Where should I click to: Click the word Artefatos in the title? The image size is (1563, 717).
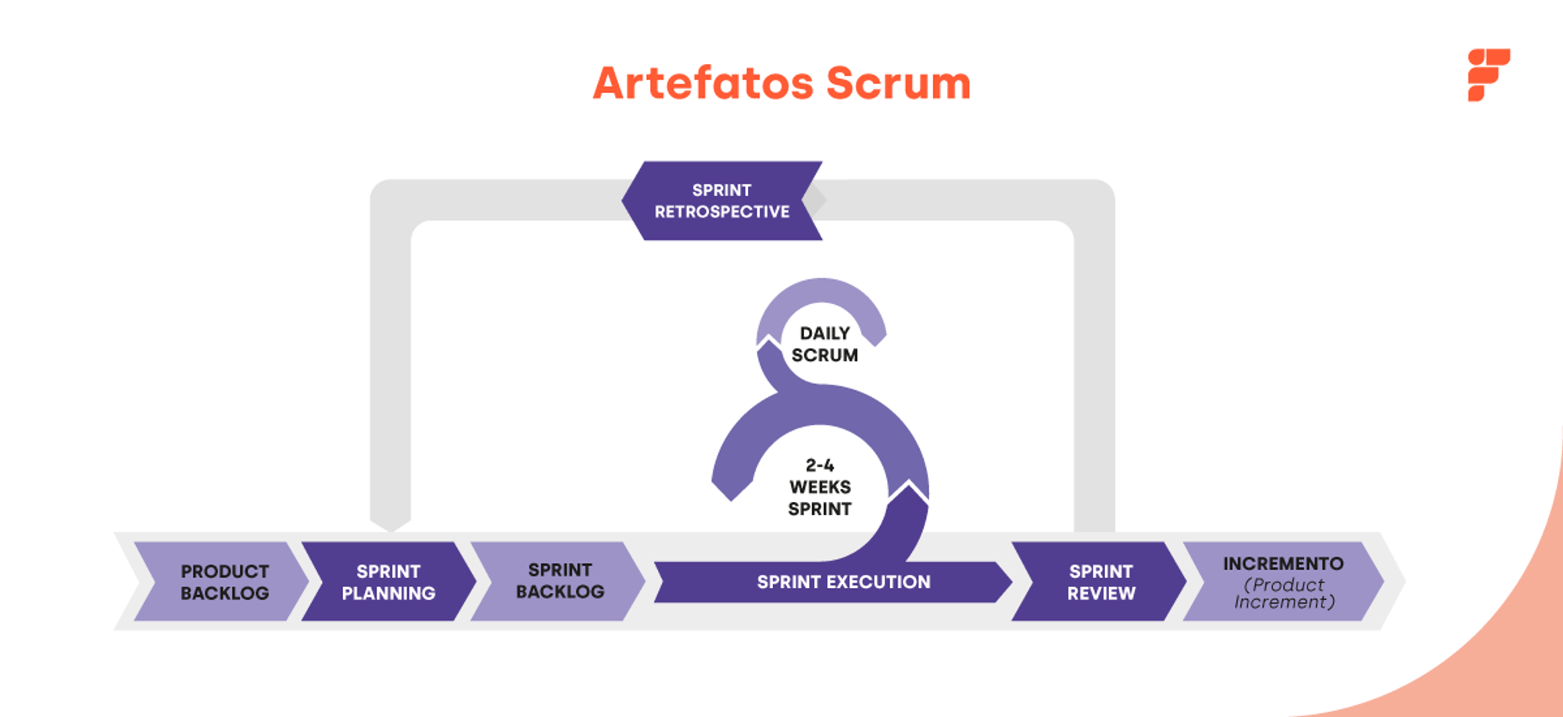(x=703, y=83)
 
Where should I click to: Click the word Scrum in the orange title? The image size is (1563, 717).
(x=898, y=83)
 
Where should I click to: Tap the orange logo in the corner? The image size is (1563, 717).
(x=1488, y=74)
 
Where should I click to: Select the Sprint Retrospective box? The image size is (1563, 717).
(x=722, y=201)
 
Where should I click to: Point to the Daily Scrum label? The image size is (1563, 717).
(x=824, y=344)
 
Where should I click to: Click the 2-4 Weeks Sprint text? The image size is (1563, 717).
(x=820, y=487)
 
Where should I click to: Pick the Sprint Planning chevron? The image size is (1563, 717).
(x=388, y=582)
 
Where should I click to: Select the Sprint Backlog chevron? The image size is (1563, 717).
(x=560, y=581)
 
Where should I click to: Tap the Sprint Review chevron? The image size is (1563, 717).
(x=1100, y=582)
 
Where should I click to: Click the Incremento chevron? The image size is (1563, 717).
(x=1283, y=581)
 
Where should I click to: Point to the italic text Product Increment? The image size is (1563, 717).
(x=1284, y=593)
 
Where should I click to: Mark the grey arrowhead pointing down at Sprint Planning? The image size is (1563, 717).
(x=391, y=522)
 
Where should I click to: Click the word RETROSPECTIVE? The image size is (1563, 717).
(x=722, y=212)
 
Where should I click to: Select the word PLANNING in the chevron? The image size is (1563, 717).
(x=388, y=593)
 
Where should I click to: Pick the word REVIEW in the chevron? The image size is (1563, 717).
(x=1101, y=593)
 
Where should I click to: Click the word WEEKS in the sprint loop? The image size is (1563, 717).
(x=820, y=487)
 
